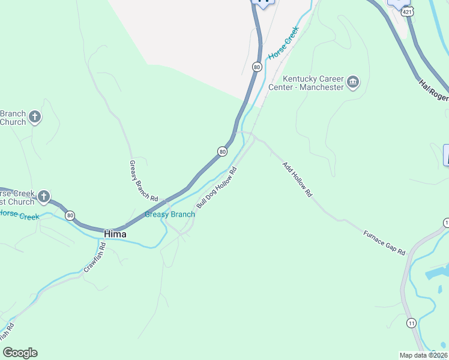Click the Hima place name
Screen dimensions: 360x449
[x=115, y=234]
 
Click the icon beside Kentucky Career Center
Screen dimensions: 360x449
[x=353, y=82]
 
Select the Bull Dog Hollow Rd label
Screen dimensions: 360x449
[x=217, y=188]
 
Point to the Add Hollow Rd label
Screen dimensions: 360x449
[x=298, y=179]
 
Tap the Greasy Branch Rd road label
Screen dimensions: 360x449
[x=144, y=181]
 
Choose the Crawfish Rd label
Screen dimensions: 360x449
[x=95, y=257]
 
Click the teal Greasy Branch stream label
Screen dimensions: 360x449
[x=170, y=214]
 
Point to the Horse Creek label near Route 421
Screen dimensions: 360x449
[x=283, y=43]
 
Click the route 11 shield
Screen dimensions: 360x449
[x=411, y=323]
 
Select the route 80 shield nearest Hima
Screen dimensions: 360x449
[x=70, y=215]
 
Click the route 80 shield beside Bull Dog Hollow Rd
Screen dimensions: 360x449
[x=222, y=152]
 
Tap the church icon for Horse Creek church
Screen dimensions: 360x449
[x=43, y=196]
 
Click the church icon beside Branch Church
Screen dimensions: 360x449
[x=35, y=117]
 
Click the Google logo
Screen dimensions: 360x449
[x=20, y=353]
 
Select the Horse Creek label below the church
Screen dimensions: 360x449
[x=19, y=215]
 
